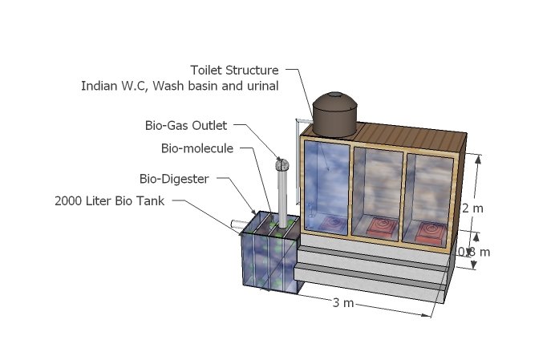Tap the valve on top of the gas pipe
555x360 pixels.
(282, 164)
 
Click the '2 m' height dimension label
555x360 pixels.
(472, 208)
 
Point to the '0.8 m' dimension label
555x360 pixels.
(473, 252)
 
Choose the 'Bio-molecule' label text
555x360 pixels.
(196, 148)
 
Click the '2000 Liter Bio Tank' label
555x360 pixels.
(109, 200)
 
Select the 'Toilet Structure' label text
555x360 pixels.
(234, 70)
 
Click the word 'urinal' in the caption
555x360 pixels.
(261, 86)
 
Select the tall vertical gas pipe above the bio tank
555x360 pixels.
(282, 196)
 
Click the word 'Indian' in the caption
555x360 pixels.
(99, 86)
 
